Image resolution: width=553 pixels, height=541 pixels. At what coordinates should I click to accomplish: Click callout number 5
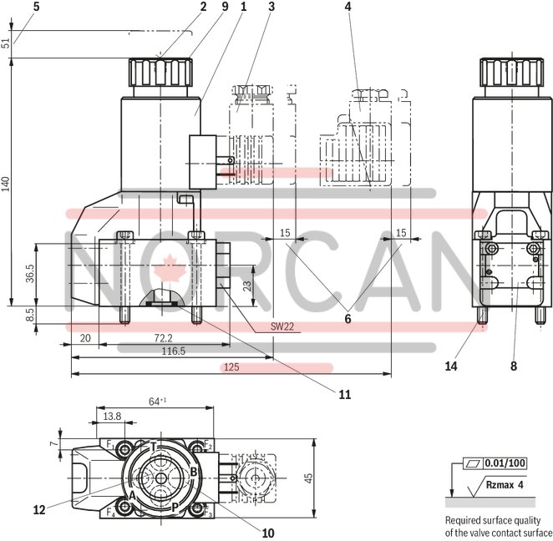pyautogui.click(x=13, y=8)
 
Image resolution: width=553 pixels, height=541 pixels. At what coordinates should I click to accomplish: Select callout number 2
pyautogui.click(x=203, y=8)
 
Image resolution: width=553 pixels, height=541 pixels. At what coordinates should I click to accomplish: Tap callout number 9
pyautogui.click(x=224, y=8)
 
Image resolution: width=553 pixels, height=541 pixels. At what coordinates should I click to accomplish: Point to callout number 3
pyautogui.click(x=271, y=8)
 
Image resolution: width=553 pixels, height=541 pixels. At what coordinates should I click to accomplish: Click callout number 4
pyautogui.click(x=348, y=8)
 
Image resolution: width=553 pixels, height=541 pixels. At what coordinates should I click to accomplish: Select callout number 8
pyautogui.click(x=514, y=365)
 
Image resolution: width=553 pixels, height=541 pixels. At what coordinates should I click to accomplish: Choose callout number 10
pyautogui.click(x=267, y=532)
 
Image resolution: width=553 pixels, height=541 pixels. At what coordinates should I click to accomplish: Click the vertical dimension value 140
pyautogui.click(x=7, y=184)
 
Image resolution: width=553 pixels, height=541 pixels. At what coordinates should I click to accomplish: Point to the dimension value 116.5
pyautogui.click(x=172, y=351)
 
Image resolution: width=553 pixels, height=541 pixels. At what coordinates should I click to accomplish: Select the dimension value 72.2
pyautogui.click(x=163, y=338)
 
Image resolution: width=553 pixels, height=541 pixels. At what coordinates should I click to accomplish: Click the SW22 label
pyautogui.click(x=283, y=326)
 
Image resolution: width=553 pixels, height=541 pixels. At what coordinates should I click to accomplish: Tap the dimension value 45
pyautogui.click(x=307, y=478)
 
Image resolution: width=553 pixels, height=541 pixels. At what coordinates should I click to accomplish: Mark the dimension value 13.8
pyautogui.click(x=112, y=415)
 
